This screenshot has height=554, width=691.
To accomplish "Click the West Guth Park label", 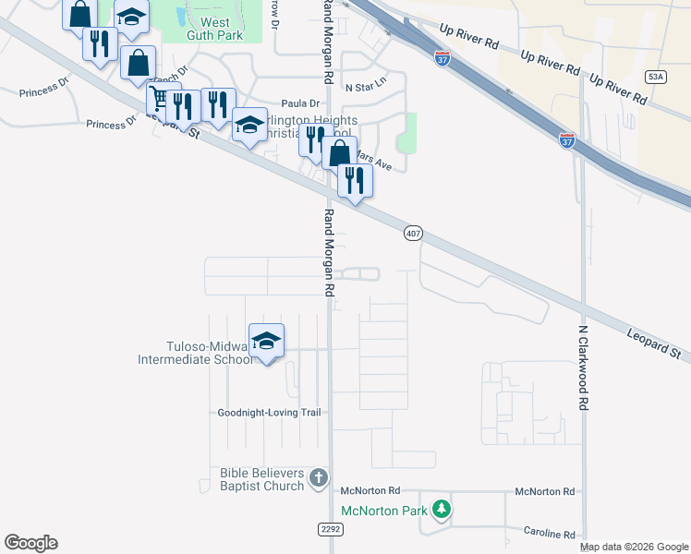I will click(x=215, y=28).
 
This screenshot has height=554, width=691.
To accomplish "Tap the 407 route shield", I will click(x=413, y=235).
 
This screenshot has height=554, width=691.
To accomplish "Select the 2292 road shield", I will click(x=330, y=529).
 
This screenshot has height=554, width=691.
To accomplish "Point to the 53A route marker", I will click(x=655, y=77).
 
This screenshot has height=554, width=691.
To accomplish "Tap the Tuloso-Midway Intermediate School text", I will click(x=194, y=353).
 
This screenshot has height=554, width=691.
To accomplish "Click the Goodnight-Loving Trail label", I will click(x=269, y=413).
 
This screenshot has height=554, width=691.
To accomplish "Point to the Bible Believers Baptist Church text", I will click(x=261, y=479).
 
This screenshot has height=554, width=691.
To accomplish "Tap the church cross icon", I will click(x=318, y=478).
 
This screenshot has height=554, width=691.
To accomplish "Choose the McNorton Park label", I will click(x=383, y=511).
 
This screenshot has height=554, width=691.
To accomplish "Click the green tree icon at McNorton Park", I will click(x=442, y=508).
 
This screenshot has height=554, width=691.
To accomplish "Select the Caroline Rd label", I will click(x=549, y=535).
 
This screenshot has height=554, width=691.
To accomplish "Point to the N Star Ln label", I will click(x=365, y=88).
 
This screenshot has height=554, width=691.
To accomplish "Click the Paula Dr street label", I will click(x=300, y=103).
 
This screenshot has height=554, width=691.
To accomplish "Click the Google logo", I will click(x=30, y=543).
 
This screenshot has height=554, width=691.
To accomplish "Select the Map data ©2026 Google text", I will click(x=635, y=548).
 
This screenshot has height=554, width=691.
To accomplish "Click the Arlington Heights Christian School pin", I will click(x=249, y=126).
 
